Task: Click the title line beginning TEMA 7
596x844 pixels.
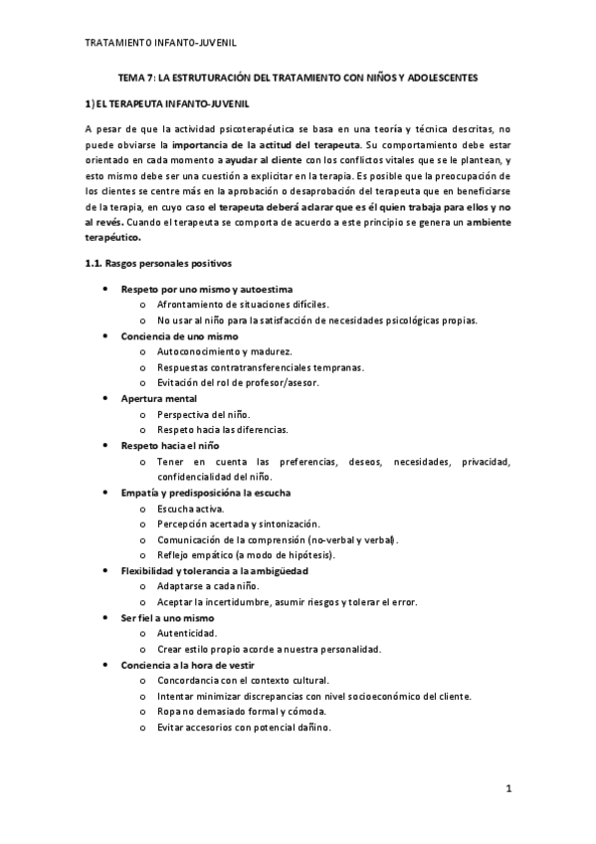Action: point(298,77)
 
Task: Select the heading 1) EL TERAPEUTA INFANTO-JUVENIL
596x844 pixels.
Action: point(167,104)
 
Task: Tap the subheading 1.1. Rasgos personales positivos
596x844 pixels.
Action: point(157,264)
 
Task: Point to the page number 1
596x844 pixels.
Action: point(507,790)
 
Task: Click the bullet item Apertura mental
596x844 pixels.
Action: point(159,398)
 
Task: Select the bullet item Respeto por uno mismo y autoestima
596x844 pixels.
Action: point(200,288)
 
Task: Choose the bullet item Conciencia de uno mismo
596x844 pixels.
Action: point(174,335)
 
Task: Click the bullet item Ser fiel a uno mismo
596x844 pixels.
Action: point(167,618)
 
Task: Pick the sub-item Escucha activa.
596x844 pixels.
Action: point(191,509)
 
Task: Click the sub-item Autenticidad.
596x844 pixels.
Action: point(187,633)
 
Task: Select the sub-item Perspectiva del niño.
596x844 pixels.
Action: point(205,413)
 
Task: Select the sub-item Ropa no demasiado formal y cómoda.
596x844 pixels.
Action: point(241,712)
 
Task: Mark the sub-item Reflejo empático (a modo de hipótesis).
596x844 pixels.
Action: point(246,554)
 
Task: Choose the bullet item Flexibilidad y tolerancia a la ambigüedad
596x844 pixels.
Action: point(214,571)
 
